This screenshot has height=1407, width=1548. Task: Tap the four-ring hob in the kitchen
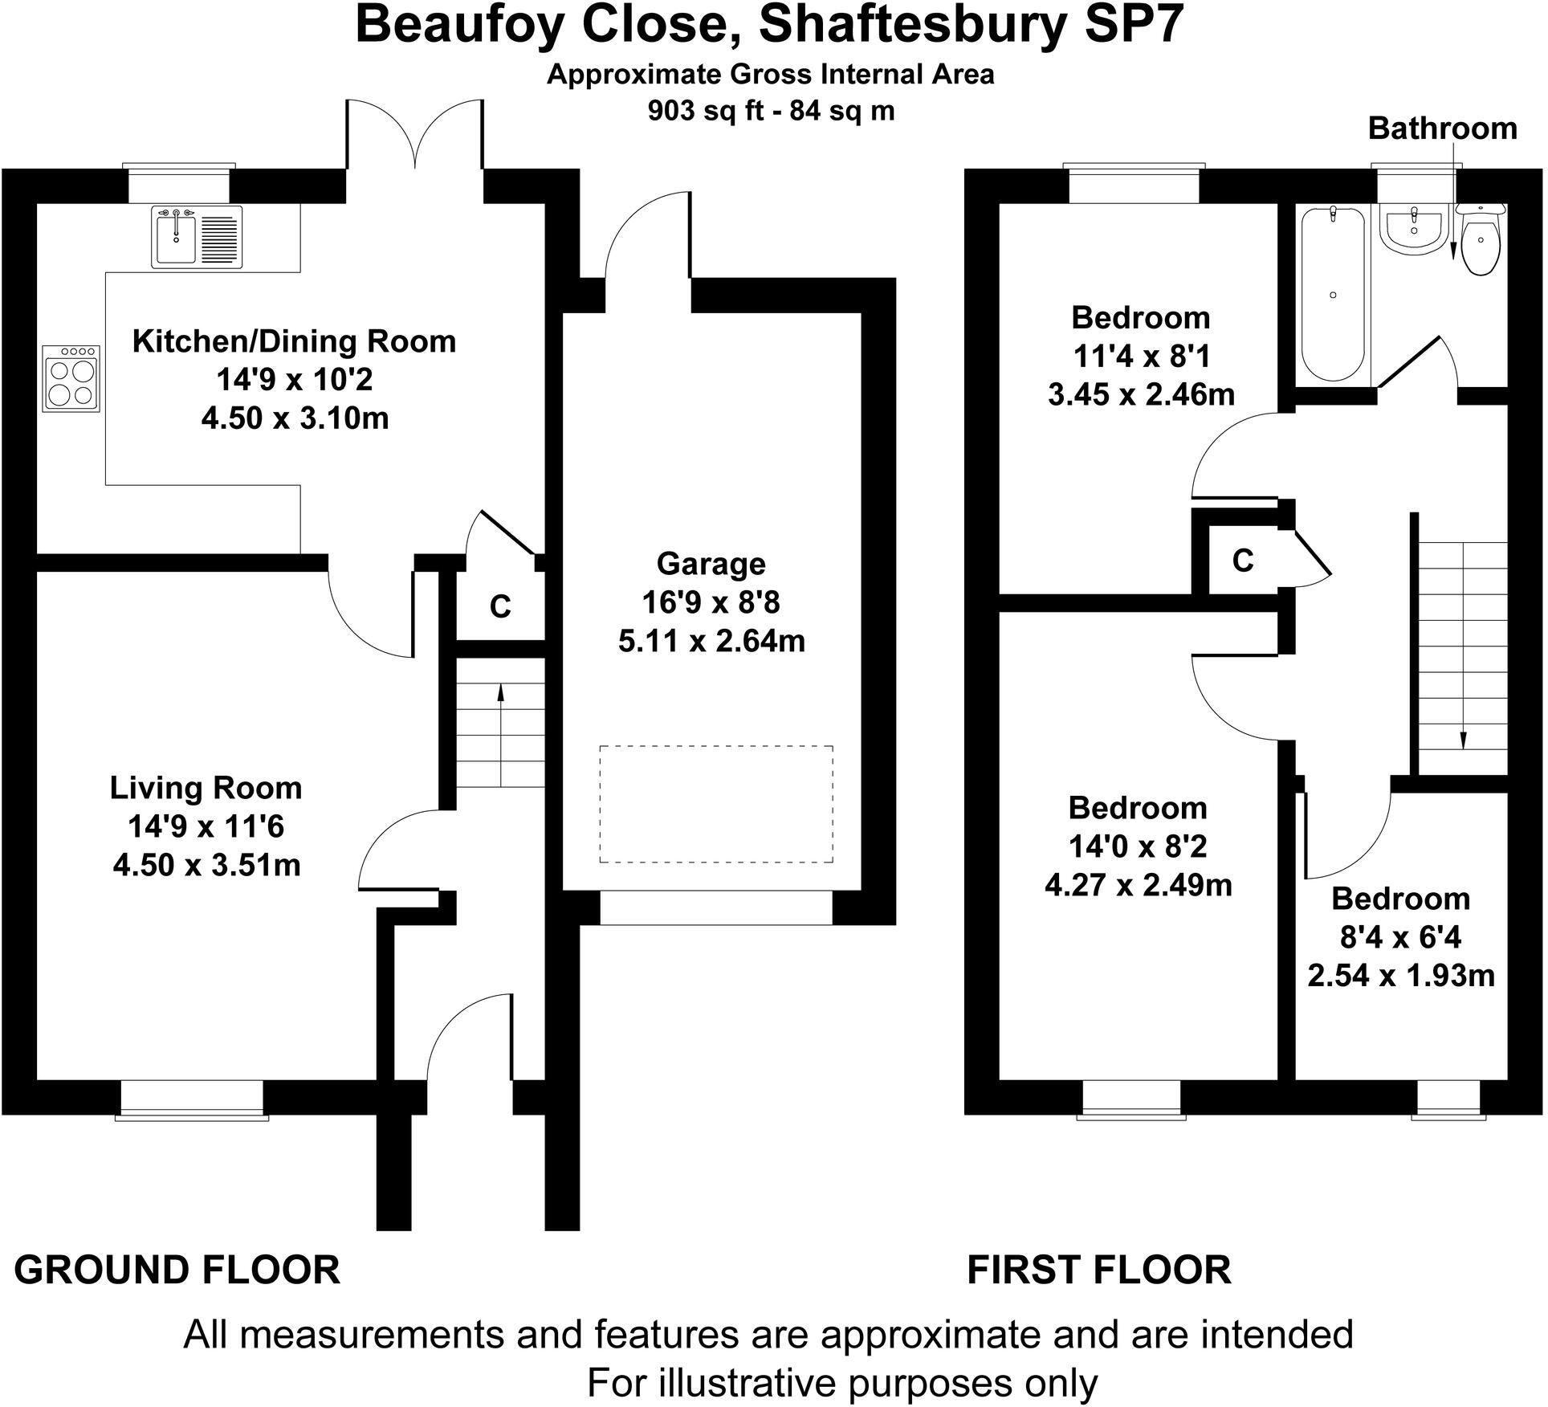point(71,379)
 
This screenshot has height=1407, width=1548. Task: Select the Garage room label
point(711,564)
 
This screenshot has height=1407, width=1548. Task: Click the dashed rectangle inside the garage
point(715,804)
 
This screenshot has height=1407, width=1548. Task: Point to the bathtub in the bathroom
point(1332,294)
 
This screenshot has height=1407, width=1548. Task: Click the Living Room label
point(206,788)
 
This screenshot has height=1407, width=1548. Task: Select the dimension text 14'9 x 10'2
point(294,379)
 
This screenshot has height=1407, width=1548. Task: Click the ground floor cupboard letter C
point(500,607)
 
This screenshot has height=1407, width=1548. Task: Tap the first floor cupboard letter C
point(1243,561)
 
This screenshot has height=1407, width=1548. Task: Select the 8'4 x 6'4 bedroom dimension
point(1401,937)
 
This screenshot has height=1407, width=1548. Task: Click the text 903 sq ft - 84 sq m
point(771,111)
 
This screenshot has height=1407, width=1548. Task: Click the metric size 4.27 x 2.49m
point(1138,885)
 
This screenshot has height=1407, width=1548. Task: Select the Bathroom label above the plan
point(1442,128)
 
